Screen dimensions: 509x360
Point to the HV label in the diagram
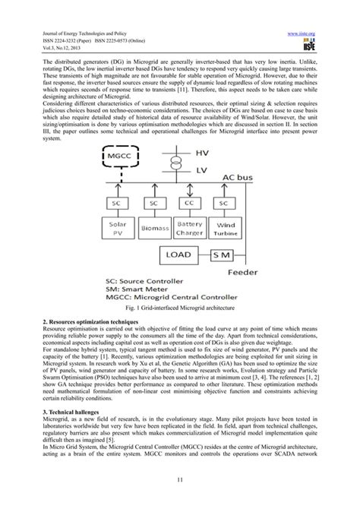click(201, 154)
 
